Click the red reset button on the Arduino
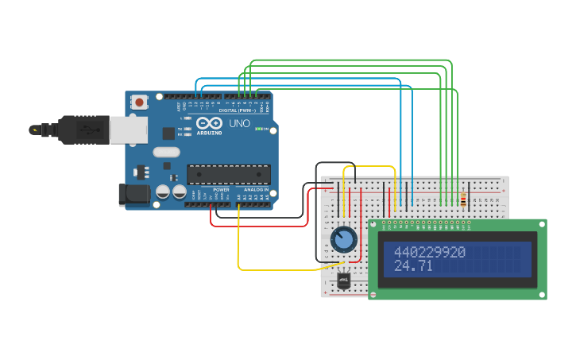point(140,102)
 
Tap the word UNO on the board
point(239,124)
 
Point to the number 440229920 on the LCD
point(429,252)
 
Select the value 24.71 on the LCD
point(413,265)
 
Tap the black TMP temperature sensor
point(343,281)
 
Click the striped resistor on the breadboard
point(463,200)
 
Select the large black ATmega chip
point(228,174)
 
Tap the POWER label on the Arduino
point(221,190)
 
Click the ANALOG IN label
point(255,190)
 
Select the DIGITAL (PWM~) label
point(230,110)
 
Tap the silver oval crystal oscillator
point(167,152)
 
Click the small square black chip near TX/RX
point(169,133)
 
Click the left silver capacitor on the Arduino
point(163,192)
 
